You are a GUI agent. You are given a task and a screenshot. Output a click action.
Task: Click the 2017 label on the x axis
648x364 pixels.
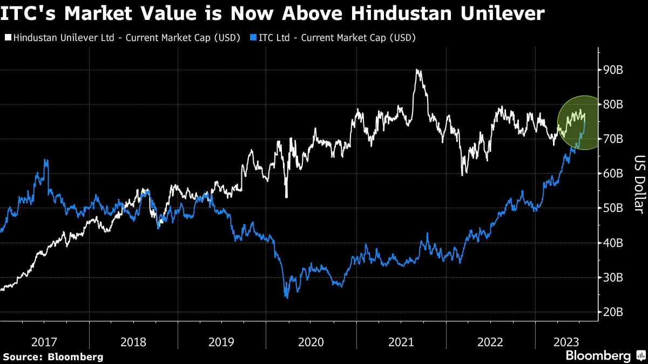pyautogui.click(x=45, y=342)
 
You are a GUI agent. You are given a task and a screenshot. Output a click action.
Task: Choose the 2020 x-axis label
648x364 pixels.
pyautogui.click(x=312, y=342)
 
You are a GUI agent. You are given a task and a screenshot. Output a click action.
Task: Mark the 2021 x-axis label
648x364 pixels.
pyautogui.click(x=401, y=342)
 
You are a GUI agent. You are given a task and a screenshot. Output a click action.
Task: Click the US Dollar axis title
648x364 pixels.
pyautogui.click(x=638, y=183)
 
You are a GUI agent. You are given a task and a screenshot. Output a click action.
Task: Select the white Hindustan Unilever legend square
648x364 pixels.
pyautogui.click(x=7, y=38)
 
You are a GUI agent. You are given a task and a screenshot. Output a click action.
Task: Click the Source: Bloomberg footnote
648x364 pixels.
pyautogui.click(x=53, y=356)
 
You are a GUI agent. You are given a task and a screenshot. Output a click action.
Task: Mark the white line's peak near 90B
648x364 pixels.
pyautogui.click(x=417, y=70)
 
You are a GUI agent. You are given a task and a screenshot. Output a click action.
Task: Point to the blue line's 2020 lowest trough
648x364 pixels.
pyautogui.click(x=286, y=297)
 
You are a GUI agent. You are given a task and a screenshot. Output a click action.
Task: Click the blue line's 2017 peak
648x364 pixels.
pyautogui.click(x=45, y=160)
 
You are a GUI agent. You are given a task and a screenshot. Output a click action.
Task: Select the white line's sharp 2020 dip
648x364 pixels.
pyautogui.click(x=286, y=197)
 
